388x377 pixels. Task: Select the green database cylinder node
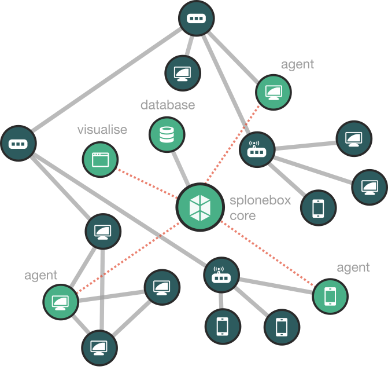point(167,135)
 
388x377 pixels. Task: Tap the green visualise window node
point(100,159)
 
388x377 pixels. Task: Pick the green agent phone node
point(330,296)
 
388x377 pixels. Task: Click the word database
point(168,105)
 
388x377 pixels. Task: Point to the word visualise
point(102,130)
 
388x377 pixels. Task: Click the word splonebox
point(260,202)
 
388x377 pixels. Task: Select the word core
point(242,215)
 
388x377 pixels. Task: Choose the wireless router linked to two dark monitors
point(257,151)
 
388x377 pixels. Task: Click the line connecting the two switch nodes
point(104,78)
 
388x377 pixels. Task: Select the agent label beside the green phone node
point(353,267)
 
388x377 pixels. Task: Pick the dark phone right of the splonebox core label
point(318,208)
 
